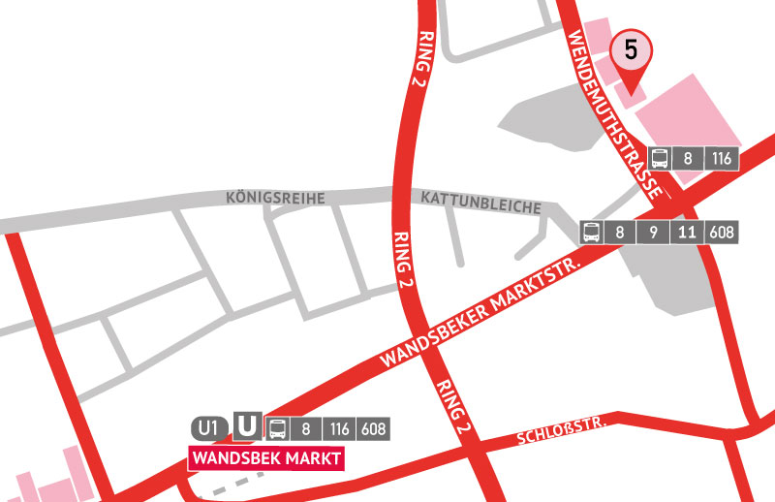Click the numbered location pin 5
tap(630, 51)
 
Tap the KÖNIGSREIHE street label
tap(274, 198)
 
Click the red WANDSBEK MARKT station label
tap(265, 457)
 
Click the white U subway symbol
tap(248, 427)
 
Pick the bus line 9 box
tap(652, 233)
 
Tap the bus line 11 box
tap(687, 233)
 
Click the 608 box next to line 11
tap(722, 233)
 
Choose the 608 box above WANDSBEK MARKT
tap(374, 427)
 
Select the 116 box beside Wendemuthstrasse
tap(720, 159)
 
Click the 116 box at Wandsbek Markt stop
tap(338, 427)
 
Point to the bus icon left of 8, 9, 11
tap(593, 233)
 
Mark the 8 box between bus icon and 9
tap(621, 233)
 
